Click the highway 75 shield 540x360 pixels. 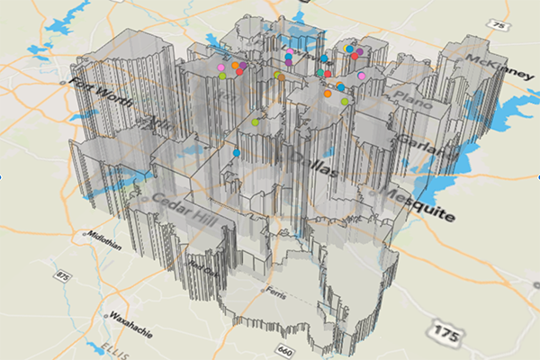[x=499, y=27]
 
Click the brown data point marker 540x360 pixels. [x=281, y=77]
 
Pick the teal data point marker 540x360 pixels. [x=319, y=72]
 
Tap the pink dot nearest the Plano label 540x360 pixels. [x=361, y=76]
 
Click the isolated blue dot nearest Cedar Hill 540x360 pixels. [x=236, y=153]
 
